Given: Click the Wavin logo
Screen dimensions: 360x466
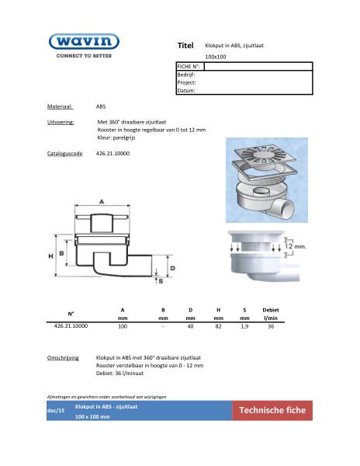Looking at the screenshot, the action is coord(83,41).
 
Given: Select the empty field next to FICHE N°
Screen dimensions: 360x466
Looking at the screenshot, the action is coord(258,68).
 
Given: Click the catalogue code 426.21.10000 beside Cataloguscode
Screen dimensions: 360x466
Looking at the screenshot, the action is coord(112,155).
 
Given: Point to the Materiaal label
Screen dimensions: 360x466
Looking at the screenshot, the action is coord(60,106).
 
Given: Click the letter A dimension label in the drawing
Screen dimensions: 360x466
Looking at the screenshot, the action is coord(102,200).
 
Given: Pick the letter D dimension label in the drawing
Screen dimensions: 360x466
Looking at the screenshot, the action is coord(172,267).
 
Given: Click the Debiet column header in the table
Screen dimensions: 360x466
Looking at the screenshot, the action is coord(271,310).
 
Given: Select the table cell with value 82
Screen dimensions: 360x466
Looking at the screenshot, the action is coord(218,327).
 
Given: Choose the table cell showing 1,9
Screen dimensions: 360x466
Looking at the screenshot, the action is coord(244,327).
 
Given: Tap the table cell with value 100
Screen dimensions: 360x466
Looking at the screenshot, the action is coord(122,327).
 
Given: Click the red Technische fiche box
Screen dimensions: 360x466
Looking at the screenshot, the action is coord(272,411).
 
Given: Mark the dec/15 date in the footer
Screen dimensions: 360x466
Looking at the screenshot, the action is coord(55,411).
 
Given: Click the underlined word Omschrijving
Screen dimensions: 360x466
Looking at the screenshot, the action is coord(64,358).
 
